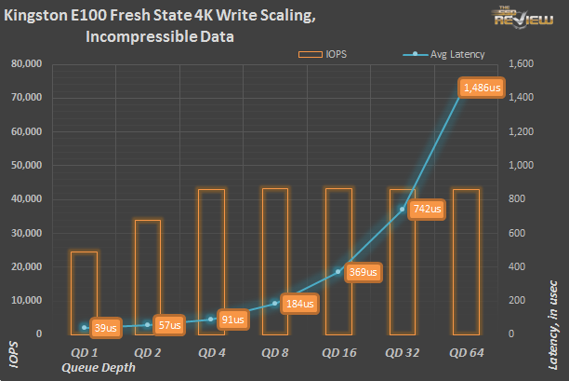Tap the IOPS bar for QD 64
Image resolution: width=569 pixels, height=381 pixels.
pos(465,261)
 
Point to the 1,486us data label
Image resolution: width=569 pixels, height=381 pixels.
pos(483,88)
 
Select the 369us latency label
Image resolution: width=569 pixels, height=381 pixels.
pos(362,272)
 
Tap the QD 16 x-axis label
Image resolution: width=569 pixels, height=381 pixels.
pos(337,353)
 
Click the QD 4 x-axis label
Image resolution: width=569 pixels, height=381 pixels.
pos(211,353)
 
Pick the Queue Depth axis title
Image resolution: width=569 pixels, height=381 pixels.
pos(98,367)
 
